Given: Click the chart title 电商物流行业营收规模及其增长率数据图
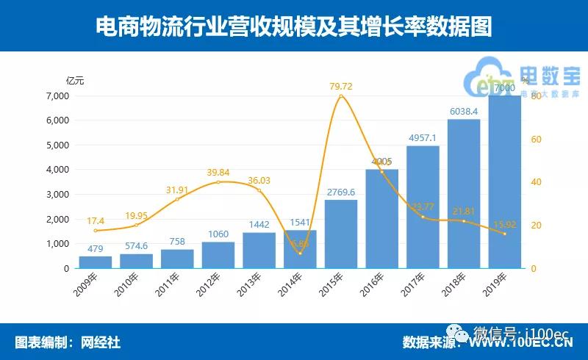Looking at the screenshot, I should (294, 26).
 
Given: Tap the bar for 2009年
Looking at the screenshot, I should (96, 262).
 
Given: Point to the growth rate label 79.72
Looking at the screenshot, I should (340, 87).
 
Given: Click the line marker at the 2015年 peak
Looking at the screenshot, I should (340, 96).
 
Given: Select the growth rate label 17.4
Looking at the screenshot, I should (96, 220).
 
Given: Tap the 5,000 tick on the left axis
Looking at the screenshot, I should (57, 145).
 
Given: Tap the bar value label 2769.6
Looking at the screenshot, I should (340, 192).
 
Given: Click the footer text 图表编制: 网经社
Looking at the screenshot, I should (68, 342).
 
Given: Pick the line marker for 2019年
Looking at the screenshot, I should (504, 234).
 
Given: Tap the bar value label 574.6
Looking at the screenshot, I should (136, 246).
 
